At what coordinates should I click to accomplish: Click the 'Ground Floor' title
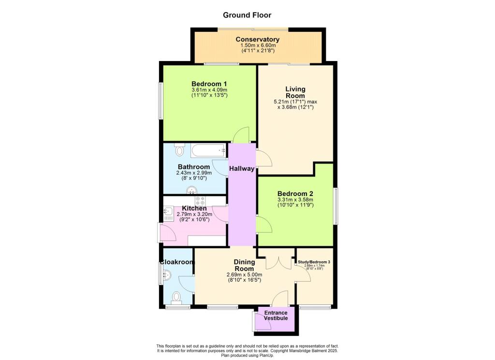[247, 15]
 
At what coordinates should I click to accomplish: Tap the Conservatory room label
[257, 39]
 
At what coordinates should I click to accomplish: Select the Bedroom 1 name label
[209, 83]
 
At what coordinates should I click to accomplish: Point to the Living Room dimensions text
[295, 105]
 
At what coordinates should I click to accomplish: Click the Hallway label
[242, 169]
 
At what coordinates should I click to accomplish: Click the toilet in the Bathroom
[180, 150]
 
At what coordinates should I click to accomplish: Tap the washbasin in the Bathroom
[194, 190]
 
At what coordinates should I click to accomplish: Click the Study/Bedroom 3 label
[314, 262]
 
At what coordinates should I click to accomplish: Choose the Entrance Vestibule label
[276, 315]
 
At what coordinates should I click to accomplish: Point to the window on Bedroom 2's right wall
[336, 206]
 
